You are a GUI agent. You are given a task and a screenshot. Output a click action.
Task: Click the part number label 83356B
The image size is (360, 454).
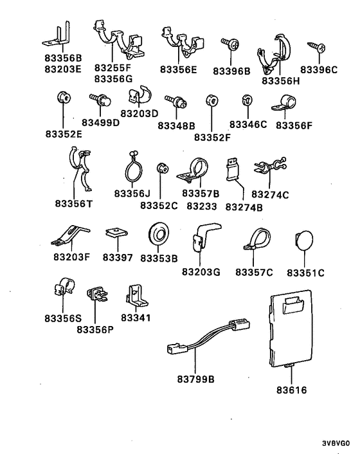[x=63, y=59]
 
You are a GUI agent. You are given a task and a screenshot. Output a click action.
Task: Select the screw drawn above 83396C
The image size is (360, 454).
[x=316, y=46]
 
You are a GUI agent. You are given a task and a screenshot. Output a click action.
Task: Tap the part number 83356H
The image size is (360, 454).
[x=281, y=81]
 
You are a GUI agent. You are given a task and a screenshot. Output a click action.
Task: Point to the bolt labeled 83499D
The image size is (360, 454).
[x=100, y=100]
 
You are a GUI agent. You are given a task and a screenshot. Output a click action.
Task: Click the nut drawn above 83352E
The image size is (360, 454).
[x=64, y=98]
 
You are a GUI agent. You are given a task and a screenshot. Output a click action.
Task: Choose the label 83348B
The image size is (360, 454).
[x=176, y=126]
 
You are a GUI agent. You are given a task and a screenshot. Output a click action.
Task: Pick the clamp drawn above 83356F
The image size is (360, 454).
[x=284, y=104]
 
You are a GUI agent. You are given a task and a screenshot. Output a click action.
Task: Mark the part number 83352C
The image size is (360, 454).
[x=159, y=206]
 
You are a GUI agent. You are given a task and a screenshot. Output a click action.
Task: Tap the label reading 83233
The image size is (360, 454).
[x=202, y=206]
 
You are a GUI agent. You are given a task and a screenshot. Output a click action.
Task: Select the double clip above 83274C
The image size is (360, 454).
[x=270, y=166]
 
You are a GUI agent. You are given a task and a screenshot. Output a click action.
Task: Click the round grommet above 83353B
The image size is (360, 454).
[x=159, y=233]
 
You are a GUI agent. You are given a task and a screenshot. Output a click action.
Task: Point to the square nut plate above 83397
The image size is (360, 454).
[x=117, y=233]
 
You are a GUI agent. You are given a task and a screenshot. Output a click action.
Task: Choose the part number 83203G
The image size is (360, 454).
[x=201, y=272]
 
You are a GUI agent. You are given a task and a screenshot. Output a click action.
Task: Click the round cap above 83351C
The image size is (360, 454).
[x=304, y=241]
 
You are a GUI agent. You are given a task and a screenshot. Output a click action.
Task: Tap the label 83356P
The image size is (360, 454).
[x=95, y=329]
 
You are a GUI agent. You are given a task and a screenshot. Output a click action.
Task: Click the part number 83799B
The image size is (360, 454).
[x=196, y=379]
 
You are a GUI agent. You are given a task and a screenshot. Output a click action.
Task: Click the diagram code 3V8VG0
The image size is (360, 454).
[x=336, y=443]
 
